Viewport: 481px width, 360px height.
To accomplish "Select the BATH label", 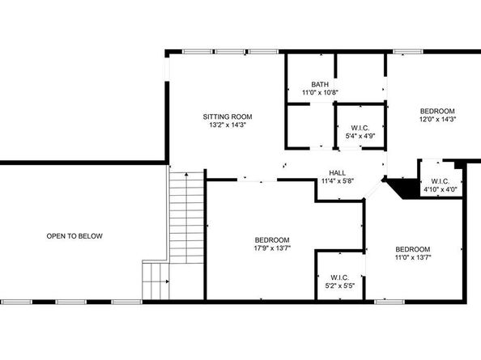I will point(320,85).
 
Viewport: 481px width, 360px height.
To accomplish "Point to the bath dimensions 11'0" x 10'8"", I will point(320,93).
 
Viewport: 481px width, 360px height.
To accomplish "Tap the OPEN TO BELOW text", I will point(74,236).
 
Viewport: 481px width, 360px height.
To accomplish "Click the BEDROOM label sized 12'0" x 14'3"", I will point(436,111).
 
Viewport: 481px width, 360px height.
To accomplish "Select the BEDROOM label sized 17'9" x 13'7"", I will point(272,239).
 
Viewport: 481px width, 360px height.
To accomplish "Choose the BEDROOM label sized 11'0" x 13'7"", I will point(412,249).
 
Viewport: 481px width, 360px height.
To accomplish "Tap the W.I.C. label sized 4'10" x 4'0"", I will point(441,181).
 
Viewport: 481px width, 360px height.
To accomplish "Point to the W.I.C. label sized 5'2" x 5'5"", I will point(338,277).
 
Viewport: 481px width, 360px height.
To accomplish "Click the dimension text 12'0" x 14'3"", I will point(436,120).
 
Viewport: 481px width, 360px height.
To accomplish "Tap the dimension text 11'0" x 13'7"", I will point(412,258).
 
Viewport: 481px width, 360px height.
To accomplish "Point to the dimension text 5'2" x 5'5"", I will point(338,286).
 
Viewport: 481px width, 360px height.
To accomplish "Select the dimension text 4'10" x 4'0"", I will point(441,190).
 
